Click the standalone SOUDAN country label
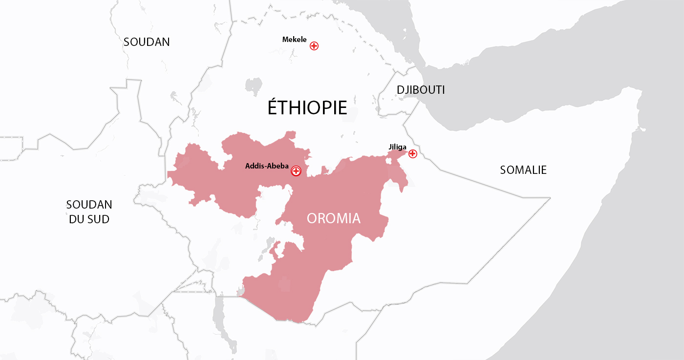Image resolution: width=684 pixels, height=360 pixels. point(147,42)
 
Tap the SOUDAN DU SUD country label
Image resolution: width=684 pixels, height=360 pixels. point(89,212)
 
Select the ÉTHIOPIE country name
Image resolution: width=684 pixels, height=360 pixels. point(307,107)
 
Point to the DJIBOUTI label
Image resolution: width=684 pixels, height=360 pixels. point(421,90)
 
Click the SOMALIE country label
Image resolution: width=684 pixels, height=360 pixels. point(523,170)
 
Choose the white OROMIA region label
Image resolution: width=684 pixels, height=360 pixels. point(334,218)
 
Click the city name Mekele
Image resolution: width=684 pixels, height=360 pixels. point(294,40)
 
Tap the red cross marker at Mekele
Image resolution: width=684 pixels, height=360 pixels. point(314,46)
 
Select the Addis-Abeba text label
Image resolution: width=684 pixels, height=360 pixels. point(267,166)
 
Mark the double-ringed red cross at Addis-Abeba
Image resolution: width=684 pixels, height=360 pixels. point(296,171)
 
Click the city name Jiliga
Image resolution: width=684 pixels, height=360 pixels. point(397,147)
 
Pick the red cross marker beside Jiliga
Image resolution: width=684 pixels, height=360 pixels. point(413,154)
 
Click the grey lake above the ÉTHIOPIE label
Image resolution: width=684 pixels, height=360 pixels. point(254,86)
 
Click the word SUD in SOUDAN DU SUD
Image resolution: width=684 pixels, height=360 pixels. point(98,219)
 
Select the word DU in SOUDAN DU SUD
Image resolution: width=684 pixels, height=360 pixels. point(77,219)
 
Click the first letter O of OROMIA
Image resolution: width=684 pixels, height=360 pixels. point(313,218)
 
